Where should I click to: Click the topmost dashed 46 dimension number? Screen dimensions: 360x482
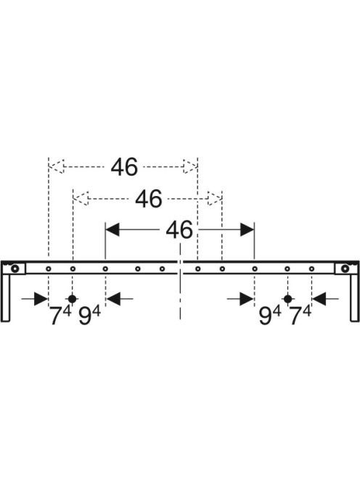pyautogui.click(x=124, y=167)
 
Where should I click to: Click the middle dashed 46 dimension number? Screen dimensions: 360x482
pyautogui.click(x=149, y=199)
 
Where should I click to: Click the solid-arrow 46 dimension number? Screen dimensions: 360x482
pyautogui.click(x=179, y=229)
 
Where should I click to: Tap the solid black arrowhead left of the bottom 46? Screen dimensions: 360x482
pyautogui.click(x=112, y=229)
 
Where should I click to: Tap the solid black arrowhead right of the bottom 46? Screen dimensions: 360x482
pyautogui.click(x=247, y=229)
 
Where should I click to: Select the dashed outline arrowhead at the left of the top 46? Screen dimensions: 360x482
pyautogui.click(x=57, y=167)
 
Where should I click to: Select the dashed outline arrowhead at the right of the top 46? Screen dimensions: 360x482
pyautogui.click(x=190, y=167)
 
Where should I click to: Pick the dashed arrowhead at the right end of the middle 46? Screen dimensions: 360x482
pyautogui.click(x=215, y=199)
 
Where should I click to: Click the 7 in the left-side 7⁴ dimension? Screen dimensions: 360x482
pyautogui.click(x=56, y=316)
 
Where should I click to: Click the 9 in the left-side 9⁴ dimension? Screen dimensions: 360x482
pyautogui.click(x=85, y=316)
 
